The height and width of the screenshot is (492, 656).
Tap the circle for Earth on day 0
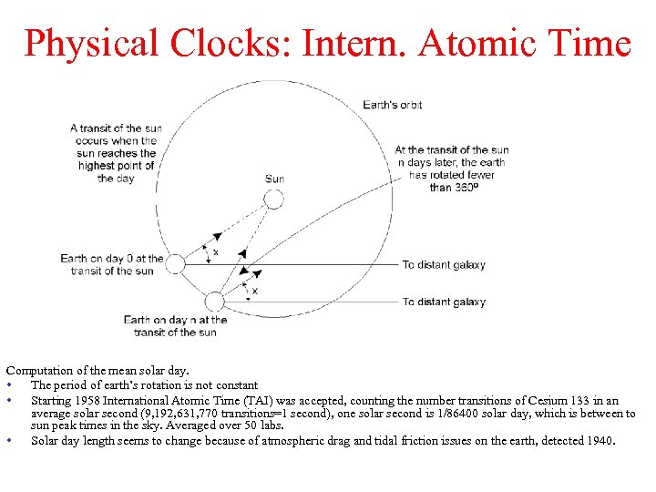pyautogui.click(x=176, y=264)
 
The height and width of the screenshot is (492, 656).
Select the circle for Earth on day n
pyautogui.click(x=215, y=302)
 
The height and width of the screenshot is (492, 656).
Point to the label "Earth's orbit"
pyautogui.click(x=393, y=105)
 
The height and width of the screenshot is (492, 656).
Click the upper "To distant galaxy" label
pyautogui.click(x=444, y=265)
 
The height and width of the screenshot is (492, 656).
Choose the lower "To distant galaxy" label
pyautogui.click(x=444, y=302)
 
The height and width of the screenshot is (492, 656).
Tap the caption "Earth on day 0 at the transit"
pyautogui.click(x=112, y=264)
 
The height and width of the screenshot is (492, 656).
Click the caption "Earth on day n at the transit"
pyautogui.click(x=175, y=325)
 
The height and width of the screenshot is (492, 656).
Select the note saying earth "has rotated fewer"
pyautogui.click(x=452, y=169)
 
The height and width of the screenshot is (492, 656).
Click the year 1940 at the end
pyautogui.click(x=600, y=441)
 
